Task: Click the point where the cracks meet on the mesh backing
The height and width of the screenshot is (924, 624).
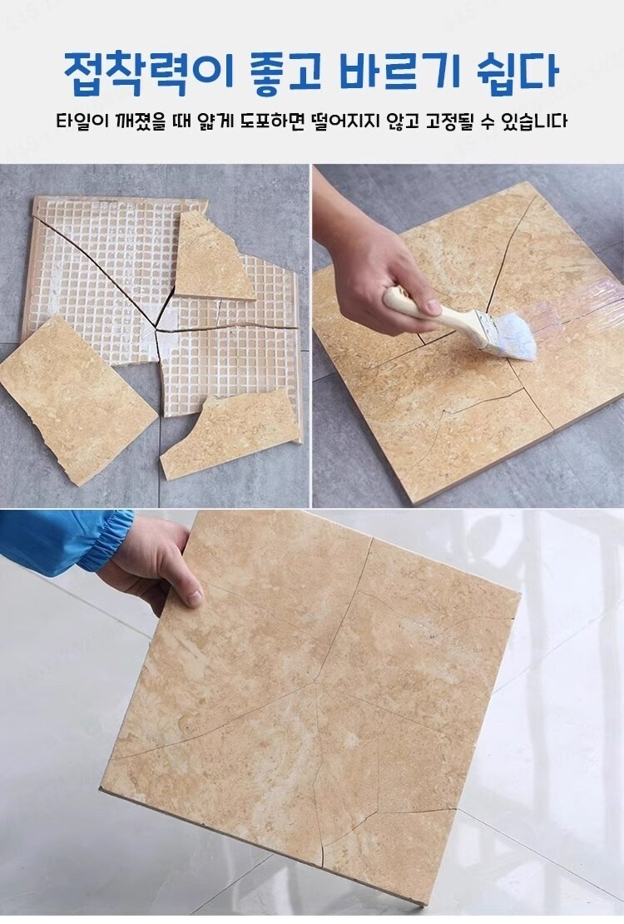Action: click(156, 326)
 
